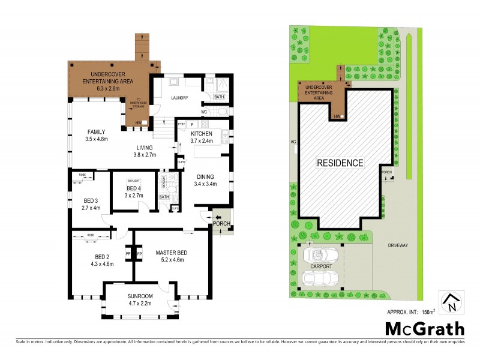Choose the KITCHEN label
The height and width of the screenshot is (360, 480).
point(202,133)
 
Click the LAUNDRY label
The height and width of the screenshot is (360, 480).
point(179,98)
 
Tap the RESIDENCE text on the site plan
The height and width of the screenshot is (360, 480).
point(340,163)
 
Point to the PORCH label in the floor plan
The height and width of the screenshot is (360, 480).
point(221,224)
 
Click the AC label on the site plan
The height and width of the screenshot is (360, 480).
point(293,142)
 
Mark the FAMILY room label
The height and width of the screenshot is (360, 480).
point(97,131)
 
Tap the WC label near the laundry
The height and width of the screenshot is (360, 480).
point(204,112)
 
